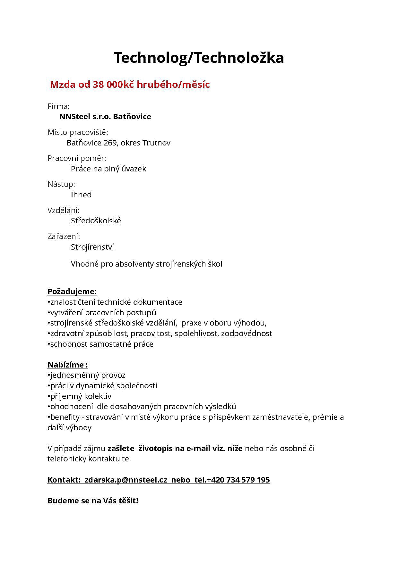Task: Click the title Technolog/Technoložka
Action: coord(199,58)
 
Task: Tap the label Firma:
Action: coord(58,106)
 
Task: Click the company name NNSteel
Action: coord(74,117)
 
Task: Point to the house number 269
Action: coord(110,143)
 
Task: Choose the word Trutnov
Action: coord(156,143)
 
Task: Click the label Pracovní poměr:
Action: coord(77,158)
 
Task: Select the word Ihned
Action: coord(81,195)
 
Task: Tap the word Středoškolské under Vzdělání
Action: coord(96,221)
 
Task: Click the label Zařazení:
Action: coord(64,236)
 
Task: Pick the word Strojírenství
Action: coord(92,247)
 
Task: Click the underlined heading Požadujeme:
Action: coord(72,292)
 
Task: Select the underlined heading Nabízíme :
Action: coord(67,365)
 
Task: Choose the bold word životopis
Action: coord(155,449)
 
